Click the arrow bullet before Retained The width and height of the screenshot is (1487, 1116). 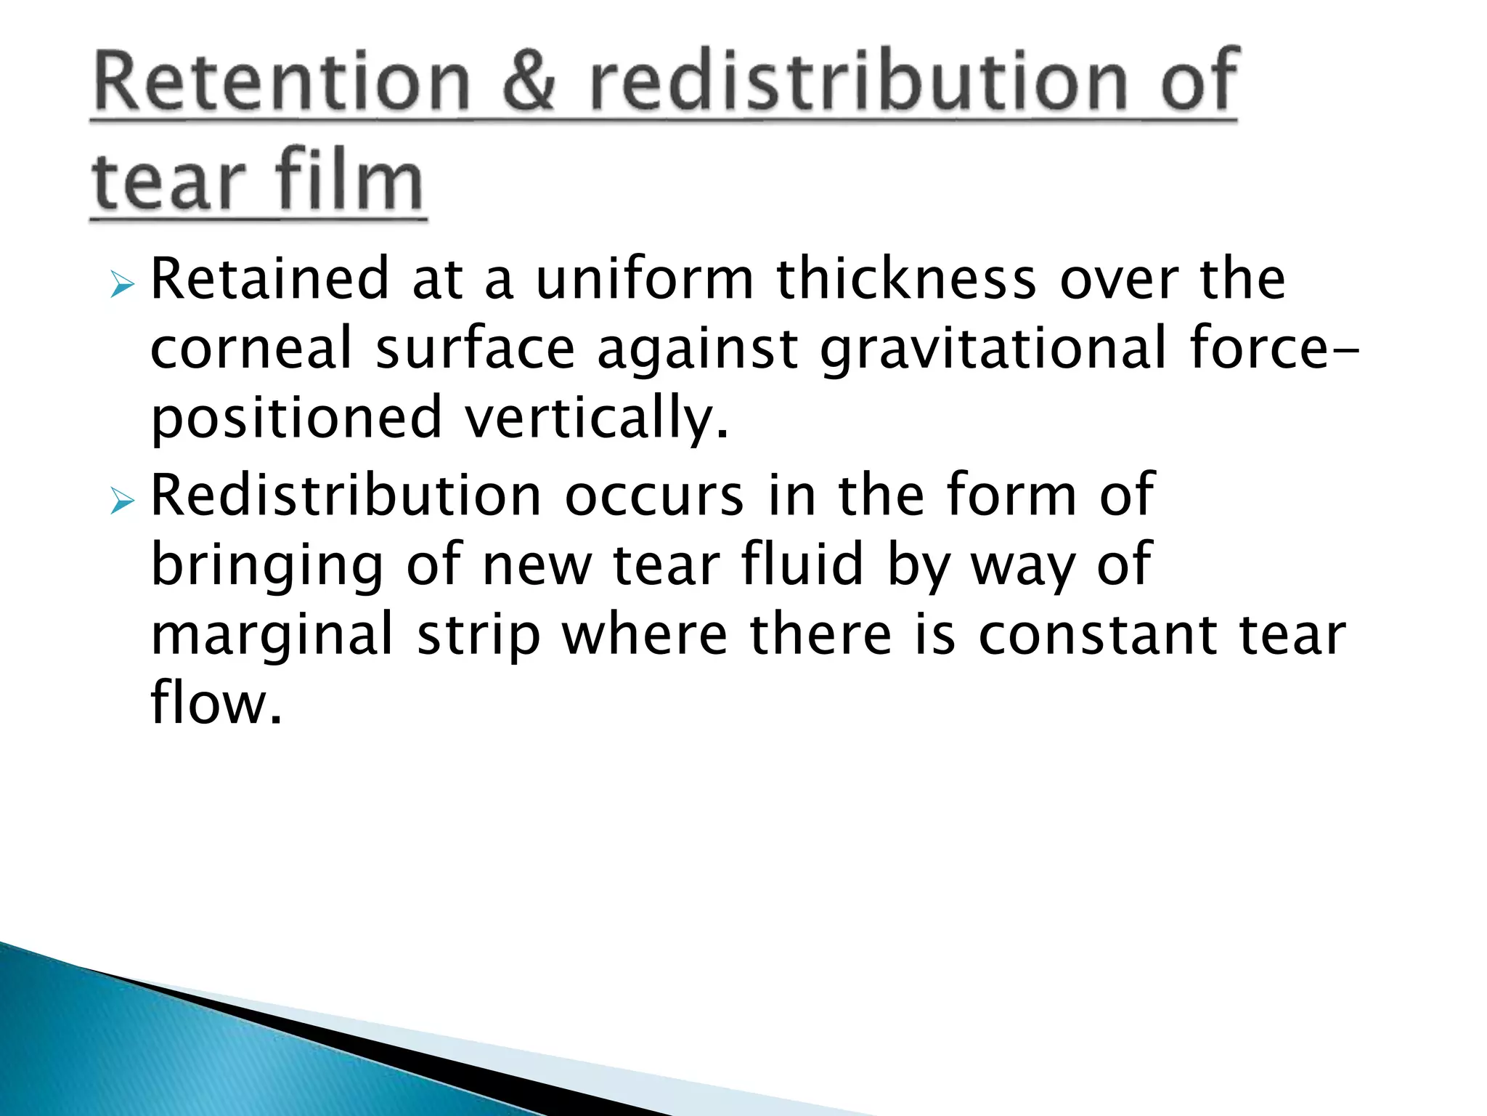(123, 285)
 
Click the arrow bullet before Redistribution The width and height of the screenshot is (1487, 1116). (123, 501)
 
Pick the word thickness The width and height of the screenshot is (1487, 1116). (906, 279)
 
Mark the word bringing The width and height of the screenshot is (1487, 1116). (266, 566)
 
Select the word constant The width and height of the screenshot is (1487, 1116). (1097, 634)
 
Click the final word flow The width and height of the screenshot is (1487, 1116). (215, 703)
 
